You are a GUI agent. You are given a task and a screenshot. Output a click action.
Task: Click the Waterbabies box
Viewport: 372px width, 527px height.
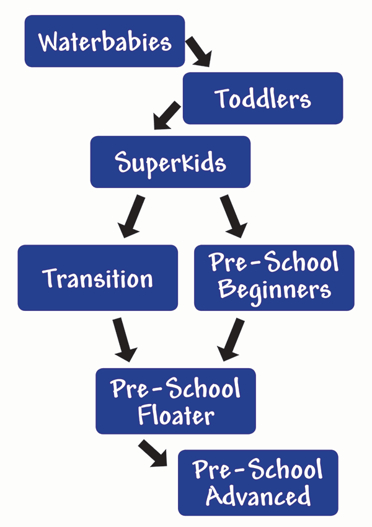(105, 41)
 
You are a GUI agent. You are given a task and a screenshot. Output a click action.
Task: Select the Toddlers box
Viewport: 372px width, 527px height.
(263, 98)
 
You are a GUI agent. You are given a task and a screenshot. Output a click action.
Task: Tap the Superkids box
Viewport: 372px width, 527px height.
(170, 162)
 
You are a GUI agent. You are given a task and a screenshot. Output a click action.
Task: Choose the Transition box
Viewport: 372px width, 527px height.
(98, 277)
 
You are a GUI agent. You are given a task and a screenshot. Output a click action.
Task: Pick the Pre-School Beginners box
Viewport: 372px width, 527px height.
(274, 277)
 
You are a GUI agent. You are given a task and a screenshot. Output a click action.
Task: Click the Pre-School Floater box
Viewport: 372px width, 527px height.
(175, 401)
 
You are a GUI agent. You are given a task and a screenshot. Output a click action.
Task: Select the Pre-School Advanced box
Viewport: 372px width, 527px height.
(258, 483)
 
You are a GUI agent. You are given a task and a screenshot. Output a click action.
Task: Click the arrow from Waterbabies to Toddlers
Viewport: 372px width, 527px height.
(199, 52)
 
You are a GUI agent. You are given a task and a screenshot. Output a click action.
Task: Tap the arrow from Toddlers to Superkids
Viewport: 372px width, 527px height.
(167, 115)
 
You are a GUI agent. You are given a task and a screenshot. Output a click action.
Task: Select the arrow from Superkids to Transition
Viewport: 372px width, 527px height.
(131, 216)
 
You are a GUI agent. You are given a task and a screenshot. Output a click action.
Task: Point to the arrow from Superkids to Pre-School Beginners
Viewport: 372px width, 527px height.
(233, 216)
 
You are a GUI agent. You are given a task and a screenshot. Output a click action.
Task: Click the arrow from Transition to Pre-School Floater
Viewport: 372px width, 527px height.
(125, 340)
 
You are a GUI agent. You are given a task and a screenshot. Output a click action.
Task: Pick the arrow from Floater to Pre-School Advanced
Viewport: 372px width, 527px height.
(153, 453)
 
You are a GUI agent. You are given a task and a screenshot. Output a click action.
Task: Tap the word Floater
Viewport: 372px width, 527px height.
(176, 415)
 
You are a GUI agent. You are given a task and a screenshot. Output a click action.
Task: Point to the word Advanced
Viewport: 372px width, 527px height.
(258, 495)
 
